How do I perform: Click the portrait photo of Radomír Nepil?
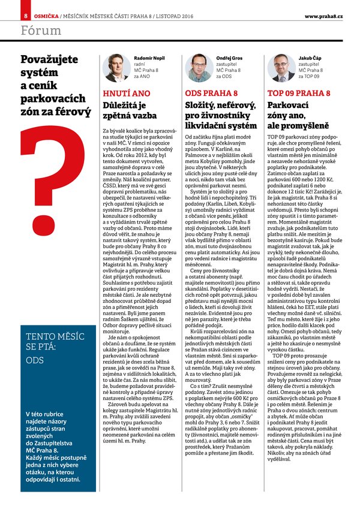(117, 68)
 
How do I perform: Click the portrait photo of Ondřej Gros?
(199, 68)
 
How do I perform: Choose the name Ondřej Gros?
(228, 57)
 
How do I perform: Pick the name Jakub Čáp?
(310, 57)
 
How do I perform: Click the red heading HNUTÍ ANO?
(127, 94)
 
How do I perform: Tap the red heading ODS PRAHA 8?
(211, 94)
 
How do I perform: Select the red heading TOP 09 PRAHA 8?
(298, 94)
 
